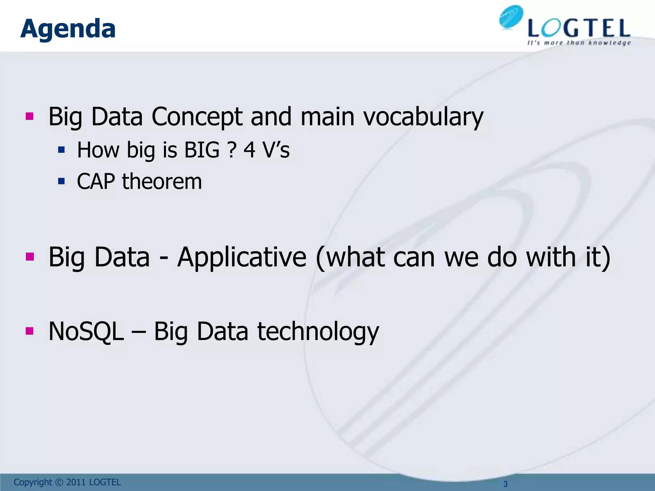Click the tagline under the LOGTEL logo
[x=579, y=43]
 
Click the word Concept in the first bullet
[x=197, y=117]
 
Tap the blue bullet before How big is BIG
[x=61, y=149]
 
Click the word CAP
[x=96, y=182]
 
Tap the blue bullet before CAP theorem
[x=61, y=182]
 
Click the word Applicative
[x=242, y=257]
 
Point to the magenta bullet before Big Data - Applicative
[x=29, y=256]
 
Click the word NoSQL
[x=86, y=331]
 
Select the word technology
[x=318, y=331]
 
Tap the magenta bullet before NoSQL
[x=29, y=331]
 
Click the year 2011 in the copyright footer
[x=76, y=482]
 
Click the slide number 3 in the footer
[x=505, y=484]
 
